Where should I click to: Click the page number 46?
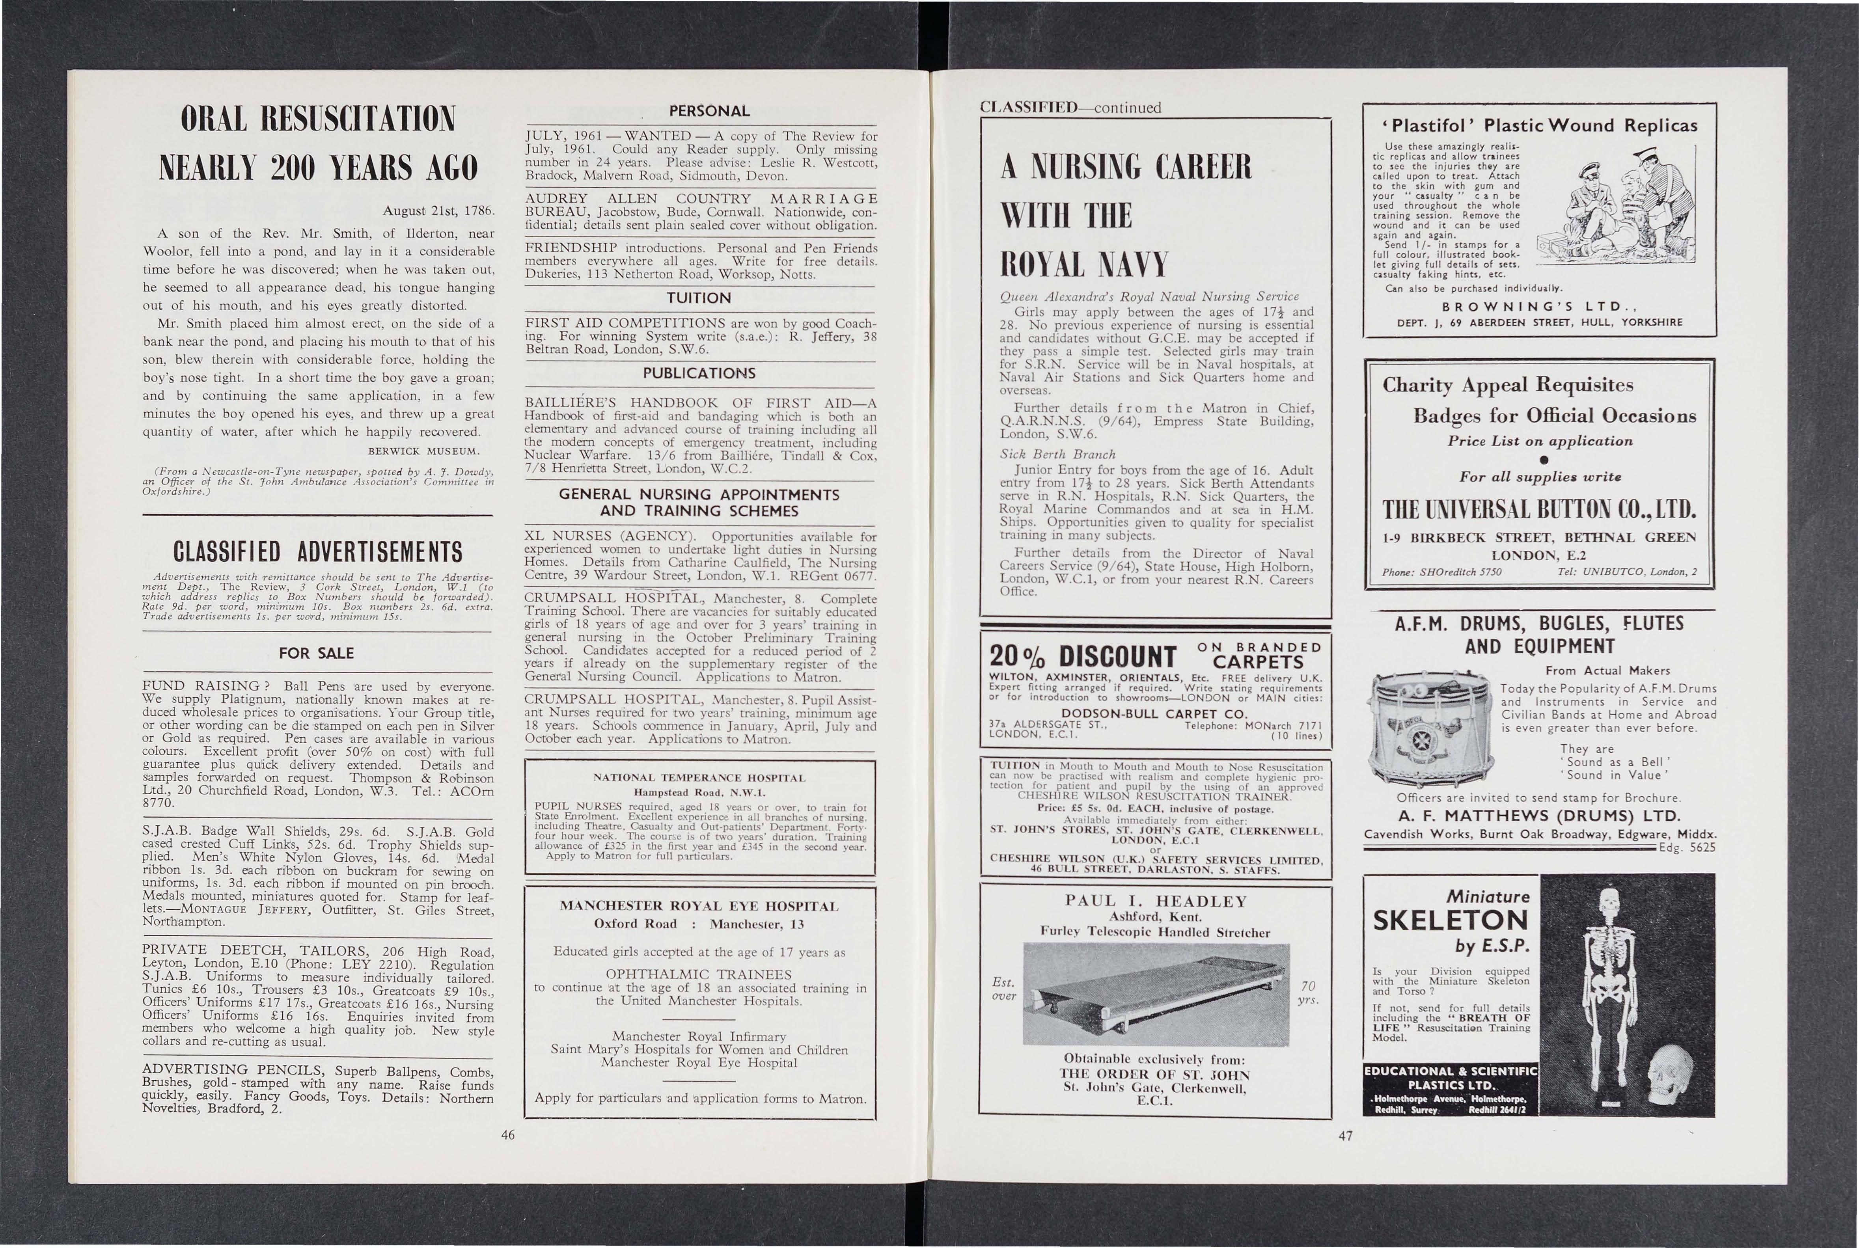(508, 1135)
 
